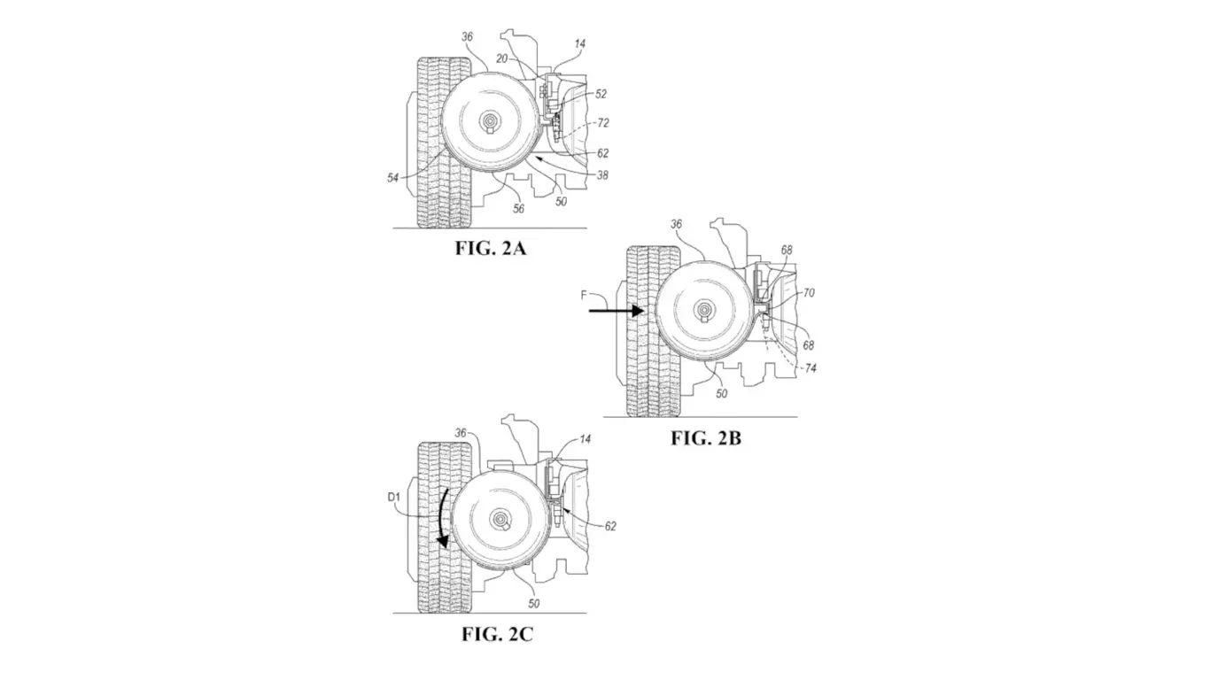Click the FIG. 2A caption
click(490, 249)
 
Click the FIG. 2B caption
click(705, 438)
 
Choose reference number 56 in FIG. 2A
click(518, 209)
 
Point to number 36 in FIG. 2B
click(676, 225)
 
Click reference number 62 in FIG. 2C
click(610, 526)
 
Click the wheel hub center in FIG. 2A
click(490, 121)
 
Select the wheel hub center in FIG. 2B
click(704, 310)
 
